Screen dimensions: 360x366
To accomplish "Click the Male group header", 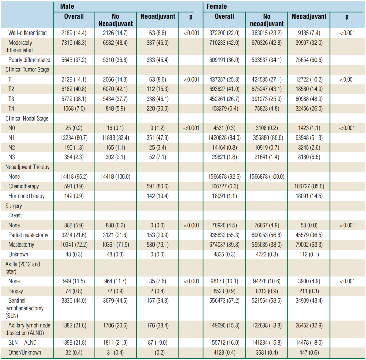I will coord(67,6).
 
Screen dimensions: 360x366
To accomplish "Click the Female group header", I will coord(217,6).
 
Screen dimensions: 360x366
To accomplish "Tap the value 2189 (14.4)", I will coord(74,33).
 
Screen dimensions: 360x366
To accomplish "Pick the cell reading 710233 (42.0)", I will coord(224,43).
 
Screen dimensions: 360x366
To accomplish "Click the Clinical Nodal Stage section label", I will coord(27,119).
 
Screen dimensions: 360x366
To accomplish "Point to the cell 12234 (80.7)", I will coord(74,138).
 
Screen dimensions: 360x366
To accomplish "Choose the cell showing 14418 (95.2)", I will coord(74,177).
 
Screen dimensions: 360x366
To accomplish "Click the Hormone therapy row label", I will coord(27,196).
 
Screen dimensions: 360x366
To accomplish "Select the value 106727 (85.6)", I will coord(309,186).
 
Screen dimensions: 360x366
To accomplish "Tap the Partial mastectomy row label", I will coord(28,235).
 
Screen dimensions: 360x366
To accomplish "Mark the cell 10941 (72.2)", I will coord(74,245).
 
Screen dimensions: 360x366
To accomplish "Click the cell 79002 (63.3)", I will coord(309,245).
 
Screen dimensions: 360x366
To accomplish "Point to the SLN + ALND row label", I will coord(22,343).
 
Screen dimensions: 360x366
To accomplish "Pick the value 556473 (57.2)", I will coord(224,300).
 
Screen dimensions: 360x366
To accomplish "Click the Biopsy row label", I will coord(16,291).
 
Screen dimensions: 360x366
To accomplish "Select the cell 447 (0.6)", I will coord(309,352).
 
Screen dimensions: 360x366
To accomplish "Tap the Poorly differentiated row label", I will coord(29,60).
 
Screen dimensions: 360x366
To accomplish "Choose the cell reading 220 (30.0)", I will coord(157,109).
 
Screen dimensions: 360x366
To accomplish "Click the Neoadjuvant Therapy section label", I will coord(27,167).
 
